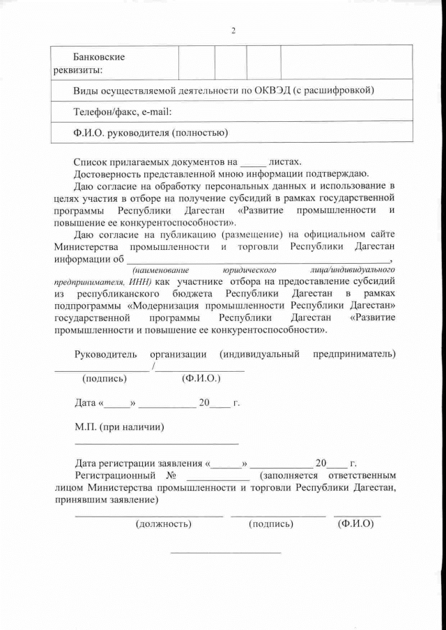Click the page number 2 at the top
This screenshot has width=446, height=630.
(x=233, y=31)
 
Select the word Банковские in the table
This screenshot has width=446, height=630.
(x=100, y=56)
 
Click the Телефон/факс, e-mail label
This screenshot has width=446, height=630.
(x=122, y=111)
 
